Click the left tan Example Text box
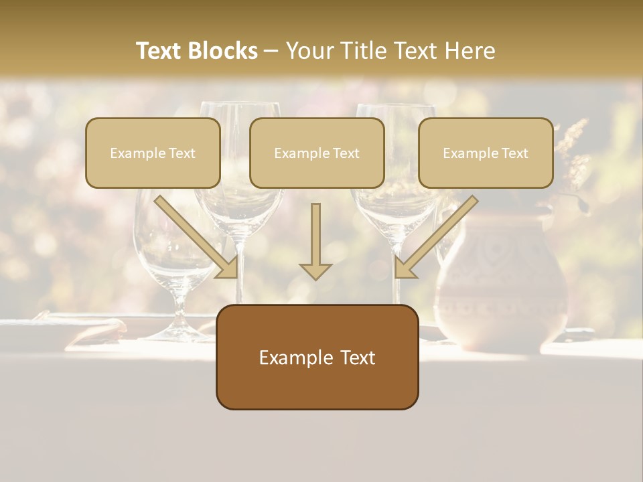pos(153,153)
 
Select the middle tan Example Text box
pos(317,153)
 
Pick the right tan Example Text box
pos(486,153)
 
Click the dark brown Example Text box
pos(317,357)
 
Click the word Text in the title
pos(159,51)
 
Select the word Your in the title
pos(309,51)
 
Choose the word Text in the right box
pos(514,153)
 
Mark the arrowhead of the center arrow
pos(315,270)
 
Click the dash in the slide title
pos(271,52)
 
